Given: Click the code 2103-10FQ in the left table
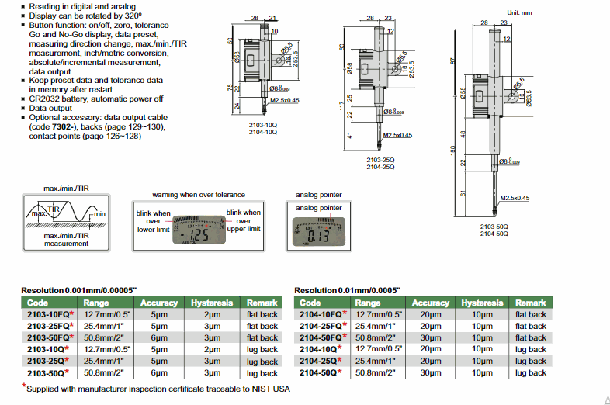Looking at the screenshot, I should (47, 314).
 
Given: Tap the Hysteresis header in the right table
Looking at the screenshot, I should (482, 303).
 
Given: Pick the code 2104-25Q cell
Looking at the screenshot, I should (318, 361).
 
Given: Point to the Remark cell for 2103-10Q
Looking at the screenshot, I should (262, 349).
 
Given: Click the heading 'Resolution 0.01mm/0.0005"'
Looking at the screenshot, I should (348, 289).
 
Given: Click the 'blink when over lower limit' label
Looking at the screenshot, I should (153, 221).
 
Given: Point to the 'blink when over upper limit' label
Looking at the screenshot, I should (244, 221).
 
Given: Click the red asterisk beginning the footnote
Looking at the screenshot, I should (24, 386).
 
